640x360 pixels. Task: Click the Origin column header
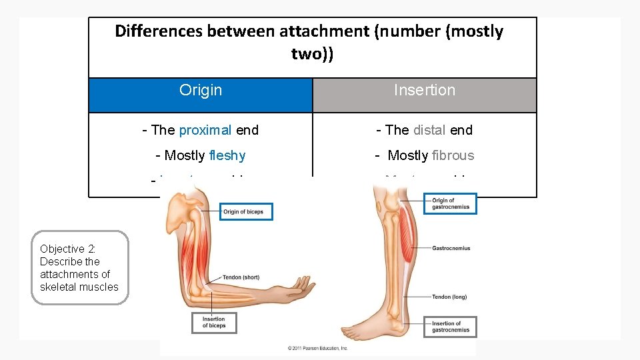201,91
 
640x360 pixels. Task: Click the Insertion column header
425,91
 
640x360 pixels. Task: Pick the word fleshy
227,155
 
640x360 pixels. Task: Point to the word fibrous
453,155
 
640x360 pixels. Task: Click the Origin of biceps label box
246,212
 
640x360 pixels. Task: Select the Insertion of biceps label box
213,323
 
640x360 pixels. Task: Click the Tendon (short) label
241,277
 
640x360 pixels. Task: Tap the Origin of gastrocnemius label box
451,204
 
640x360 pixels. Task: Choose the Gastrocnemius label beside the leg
451,248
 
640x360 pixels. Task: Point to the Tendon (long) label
449,297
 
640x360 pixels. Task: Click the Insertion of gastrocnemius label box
451,327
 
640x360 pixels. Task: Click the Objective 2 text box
79,268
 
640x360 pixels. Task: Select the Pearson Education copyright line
318,348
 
